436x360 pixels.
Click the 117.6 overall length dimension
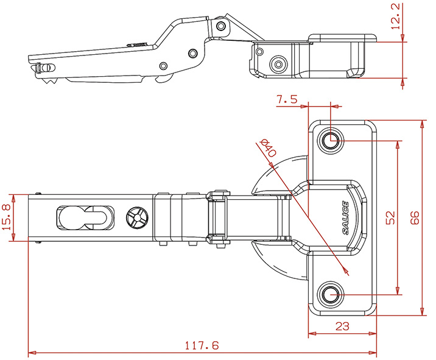pyautogui.click(x=202, y=345)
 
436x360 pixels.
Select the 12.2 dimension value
pyautogui.click(x=395, y=15)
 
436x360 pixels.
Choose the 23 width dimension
pyautogui.click(x=342, y=326)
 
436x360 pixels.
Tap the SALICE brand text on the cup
pyautogui.click(x=345, y=217)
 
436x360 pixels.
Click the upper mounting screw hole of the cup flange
pyautogui.click(x=331, y=140)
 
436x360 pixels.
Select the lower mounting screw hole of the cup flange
pyautogui.click(x=331, y=294)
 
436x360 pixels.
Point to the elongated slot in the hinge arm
pyautogui.click(x=83, y=217)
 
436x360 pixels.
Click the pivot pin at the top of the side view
pyautogui.click(x=220, y=26)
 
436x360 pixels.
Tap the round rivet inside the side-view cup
pyautogui.click(x=279, y=63)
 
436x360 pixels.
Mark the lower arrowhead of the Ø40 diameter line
pyautogui.click(x=346, y=272)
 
